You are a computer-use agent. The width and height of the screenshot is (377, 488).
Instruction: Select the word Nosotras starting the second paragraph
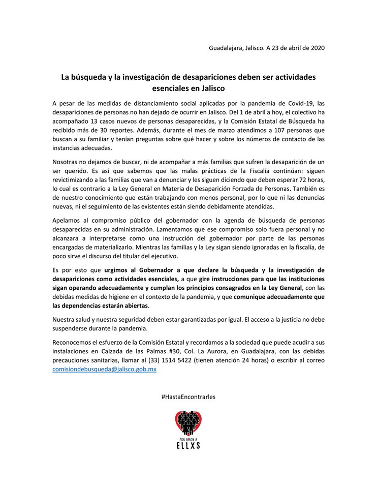(67, 161)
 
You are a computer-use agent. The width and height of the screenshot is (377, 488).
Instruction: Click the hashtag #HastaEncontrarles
(188, 396)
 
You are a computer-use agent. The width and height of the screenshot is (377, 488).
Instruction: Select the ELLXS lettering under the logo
(188, 445)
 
